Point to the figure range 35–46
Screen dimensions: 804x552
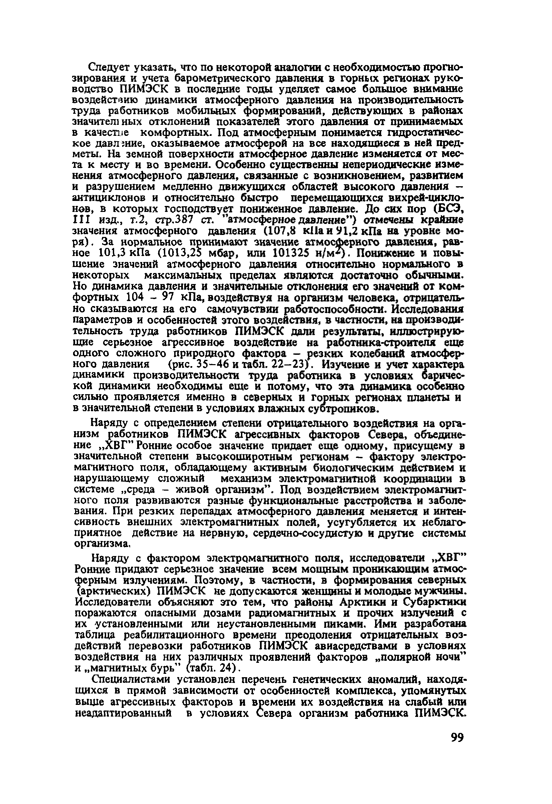pos(213,365)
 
